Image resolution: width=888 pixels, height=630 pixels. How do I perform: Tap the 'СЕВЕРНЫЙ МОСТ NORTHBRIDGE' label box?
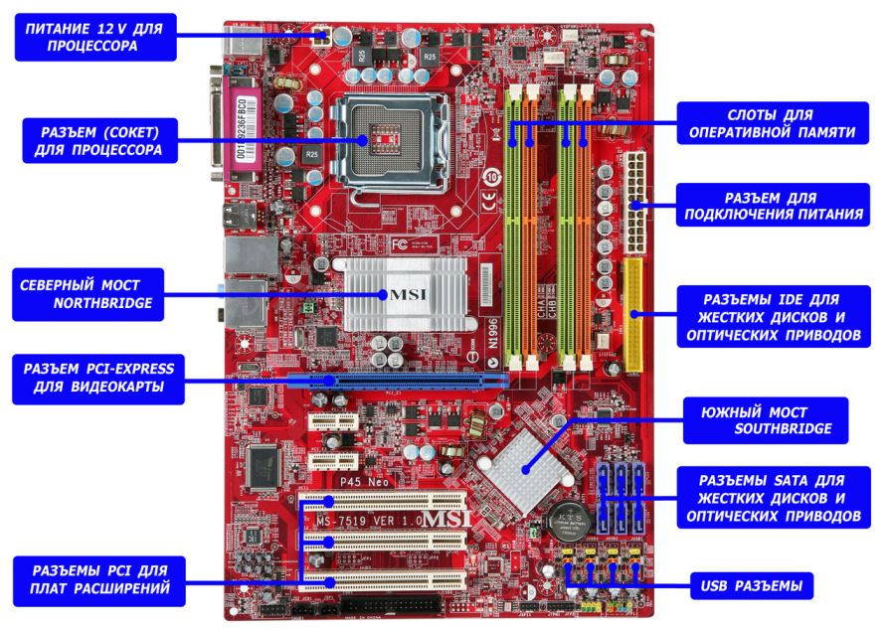pos(87,293)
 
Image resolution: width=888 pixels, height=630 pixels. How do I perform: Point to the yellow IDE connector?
pos(632,314)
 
